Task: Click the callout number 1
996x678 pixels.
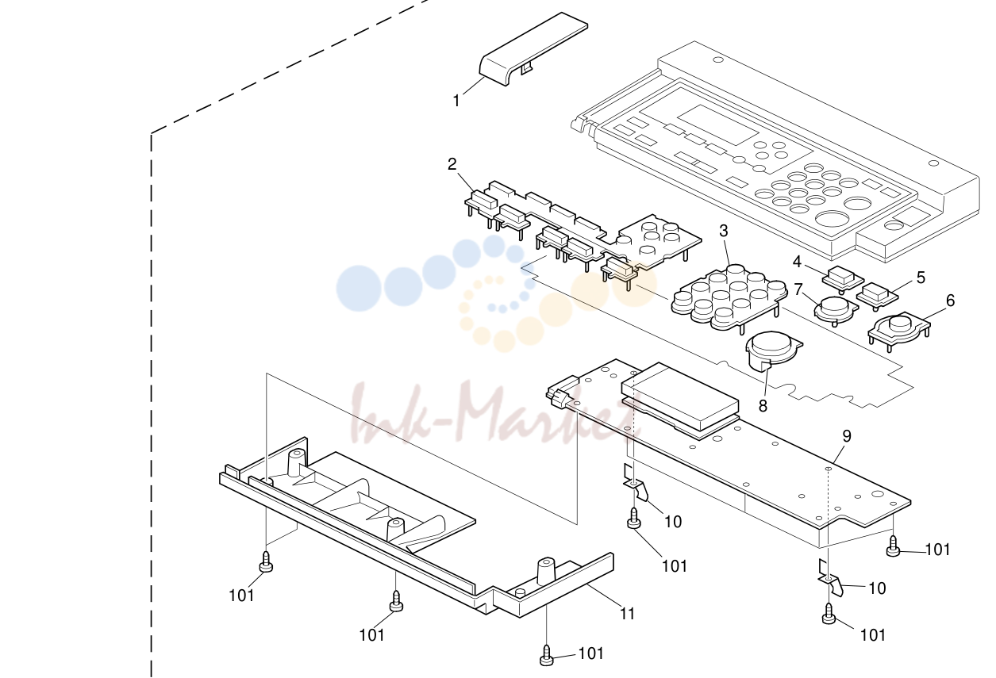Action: (x=456, y=101)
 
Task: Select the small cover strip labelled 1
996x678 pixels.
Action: (x=533, y=49)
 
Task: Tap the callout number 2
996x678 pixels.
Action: (x=452, y=164)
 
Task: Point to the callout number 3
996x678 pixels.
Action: (x=724, y=231)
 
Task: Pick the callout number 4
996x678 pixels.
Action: (x=798, y=262)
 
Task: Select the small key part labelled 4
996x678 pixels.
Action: (x=843, y=279)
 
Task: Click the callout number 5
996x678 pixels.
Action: (x=921, y=278)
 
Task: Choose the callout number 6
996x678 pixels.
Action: (x=950, y=301)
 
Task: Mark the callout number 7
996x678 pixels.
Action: (x=798, y=289)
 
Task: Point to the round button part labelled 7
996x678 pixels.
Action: (x=836, y=310)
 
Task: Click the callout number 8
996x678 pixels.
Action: (x=763, y=406)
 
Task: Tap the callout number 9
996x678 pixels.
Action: (x=847, y=436)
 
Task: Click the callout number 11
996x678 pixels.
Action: (x=628, y=614)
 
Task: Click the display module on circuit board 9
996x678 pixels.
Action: (x=679, y=399)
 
